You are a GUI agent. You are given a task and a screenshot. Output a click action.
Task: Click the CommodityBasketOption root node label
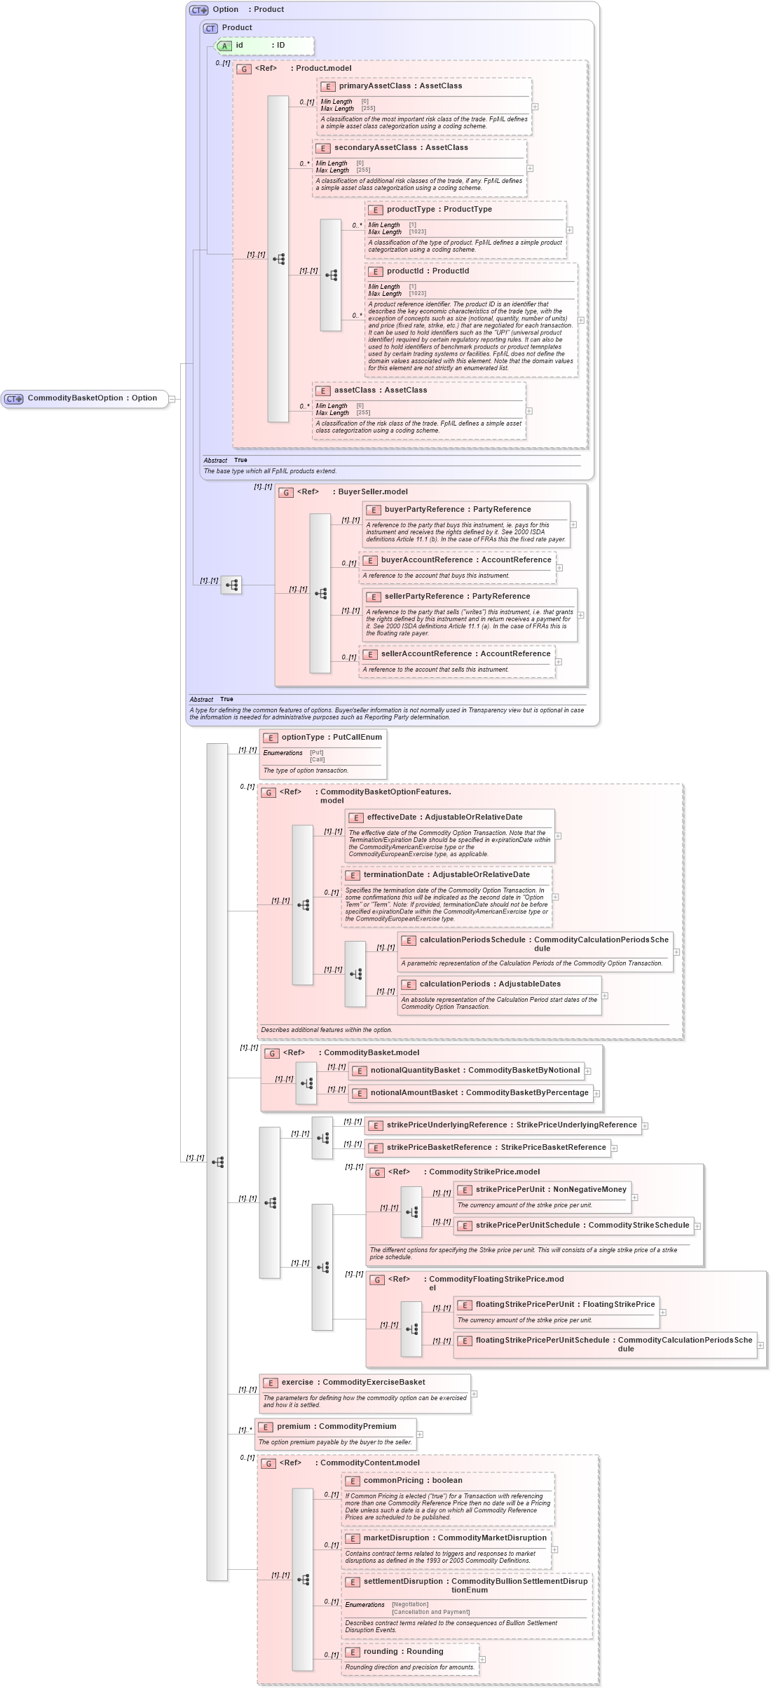click(74, 398)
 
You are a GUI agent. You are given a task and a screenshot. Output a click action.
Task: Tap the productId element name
click(404, 271)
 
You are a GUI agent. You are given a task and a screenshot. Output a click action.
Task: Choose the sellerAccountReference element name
click(425, 654)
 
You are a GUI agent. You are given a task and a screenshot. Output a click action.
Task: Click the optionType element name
click(303, 738)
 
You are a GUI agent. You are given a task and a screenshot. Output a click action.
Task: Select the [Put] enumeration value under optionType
click(317, 752)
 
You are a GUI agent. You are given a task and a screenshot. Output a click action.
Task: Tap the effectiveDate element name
click(391, 818)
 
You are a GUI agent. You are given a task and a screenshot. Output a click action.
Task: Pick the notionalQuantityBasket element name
click(415, 1071)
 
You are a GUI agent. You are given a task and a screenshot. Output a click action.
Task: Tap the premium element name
click(293, 1427)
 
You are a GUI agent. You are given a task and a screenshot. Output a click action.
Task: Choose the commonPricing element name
click(393, 1481)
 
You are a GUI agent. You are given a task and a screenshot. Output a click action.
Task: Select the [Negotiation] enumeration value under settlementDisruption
click(410, 1605)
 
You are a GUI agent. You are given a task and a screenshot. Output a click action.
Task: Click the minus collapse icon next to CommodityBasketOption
click(172, 400)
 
